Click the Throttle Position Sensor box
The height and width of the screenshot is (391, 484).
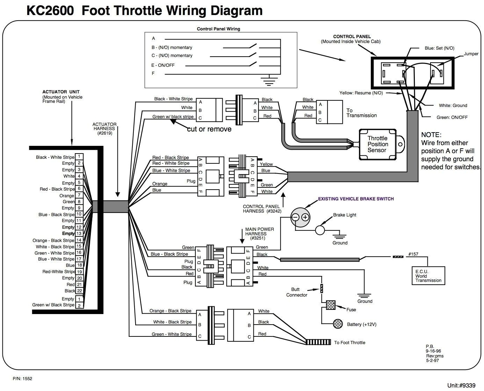(377, 144)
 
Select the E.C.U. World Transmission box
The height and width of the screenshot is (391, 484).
(428, 276)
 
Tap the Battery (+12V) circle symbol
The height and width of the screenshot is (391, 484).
(338, 324)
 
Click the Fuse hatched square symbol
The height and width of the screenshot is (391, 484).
(331, 305)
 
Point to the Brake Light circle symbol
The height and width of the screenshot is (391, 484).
(320, 230)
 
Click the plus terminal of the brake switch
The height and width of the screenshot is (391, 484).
(305, 217)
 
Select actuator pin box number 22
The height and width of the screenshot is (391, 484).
(79, 291)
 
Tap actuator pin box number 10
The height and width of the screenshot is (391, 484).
(79, 214)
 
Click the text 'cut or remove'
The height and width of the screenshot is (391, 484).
(209, 129)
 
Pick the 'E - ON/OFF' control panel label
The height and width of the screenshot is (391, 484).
(162, 65)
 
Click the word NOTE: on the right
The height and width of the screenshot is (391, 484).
(431, 135)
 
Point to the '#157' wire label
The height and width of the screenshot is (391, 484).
(413, 254)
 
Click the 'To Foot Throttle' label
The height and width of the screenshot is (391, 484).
(349, 342)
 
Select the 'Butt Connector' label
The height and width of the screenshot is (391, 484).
(297, 292)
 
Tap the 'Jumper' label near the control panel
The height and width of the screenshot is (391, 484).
(471, 54)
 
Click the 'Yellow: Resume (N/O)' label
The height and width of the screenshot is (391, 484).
(361, 93)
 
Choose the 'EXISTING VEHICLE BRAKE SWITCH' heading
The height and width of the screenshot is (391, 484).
(356, 199)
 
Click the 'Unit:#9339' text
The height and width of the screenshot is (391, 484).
(461, 385)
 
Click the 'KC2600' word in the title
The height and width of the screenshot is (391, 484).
(50, 11)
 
